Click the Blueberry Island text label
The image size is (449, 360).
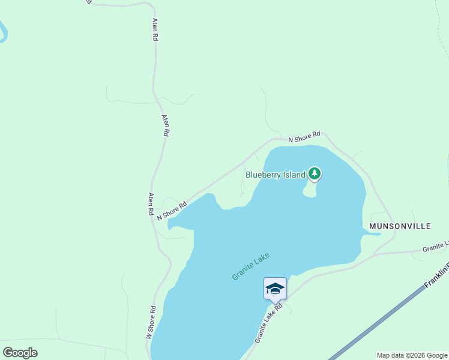[276, 175]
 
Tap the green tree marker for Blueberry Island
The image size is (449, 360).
[315, 174]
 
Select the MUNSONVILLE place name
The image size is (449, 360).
[400, 226]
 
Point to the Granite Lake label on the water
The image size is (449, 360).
[251, 266]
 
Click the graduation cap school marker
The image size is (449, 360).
[275, 289]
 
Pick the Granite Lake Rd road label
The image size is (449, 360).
[268, 322]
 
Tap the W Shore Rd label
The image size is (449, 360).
[151, 323]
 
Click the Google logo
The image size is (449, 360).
[20, 353]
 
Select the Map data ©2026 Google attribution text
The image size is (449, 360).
[412, 355]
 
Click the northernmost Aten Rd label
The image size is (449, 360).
[155, 29]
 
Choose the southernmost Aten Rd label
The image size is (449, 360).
[151, 203]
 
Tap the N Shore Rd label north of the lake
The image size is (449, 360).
[304, 137]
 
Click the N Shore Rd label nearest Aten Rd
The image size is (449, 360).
[172, 211]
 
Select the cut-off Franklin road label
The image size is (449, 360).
[437, 274]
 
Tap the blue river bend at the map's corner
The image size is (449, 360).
[3, 32]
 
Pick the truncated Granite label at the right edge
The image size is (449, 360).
[435, 246]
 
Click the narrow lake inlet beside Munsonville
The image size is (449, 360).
[372, 233]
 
